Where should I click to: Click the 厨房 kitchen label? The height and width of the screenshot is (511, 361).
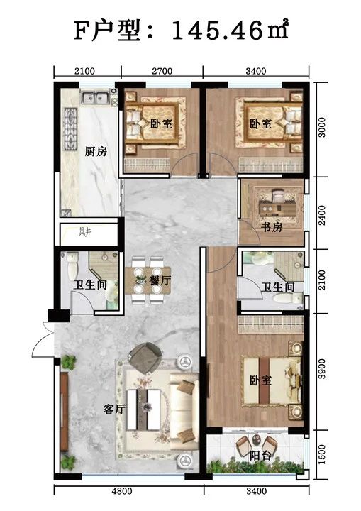(x=96, y=152)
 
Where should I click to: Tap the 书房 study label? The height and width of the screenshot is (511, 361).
(x=271, y=227)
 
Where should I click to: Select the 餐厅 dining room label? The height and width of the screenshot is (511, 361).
(x=160, y=280)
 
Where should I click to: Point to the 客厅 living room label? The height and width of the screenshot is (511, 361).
(x=114, y=409)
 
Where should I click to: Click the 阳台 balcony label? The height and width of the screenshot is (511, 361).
(x=260, y=455)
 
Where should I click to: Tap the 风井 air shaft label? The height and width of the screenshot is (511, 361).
(x=84, y=232)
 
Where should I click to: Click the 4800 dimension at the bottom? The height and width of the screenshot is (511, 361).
(x=122, y=491)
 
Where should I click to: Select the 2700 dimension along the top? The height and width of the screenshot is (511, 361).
(x=162, y=71)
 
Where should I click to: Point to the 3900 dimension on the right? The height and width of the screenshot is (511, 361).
(x=321, y=368)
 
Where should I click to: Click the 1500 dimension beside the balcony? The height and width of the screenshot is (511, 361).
(x=321, y=454)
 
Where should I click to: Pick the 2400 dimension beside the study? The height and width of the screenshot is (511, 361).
(x=321, y=215)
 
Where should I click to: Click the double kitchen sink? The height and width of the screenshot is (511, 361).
(x=95, y=97)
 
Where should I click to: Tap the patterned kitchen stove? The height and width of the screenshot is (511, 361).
(x=71, y=129)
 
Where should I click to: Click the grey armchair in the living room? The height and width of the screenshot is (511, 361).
(x=145, y=357)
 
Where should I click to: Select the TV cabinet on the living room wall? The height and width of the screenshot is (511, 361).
(x=64, y=412)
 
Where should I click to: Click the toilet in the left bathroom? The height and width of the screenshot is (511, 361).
(x=72, y=265)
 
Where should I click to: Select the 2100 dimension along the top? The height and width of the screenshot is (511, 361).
(x=84, y=71)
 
